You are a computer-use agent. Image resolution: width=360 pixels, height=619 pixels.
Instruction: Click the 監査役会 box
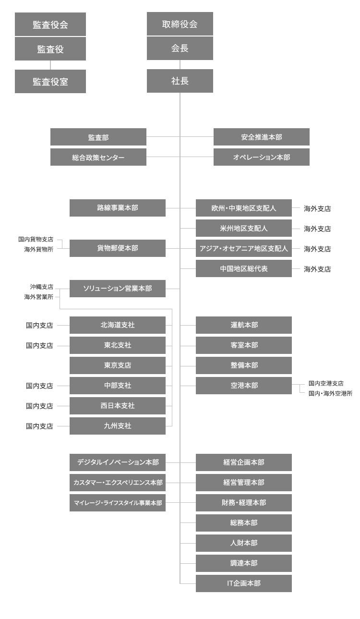tap(50, 24)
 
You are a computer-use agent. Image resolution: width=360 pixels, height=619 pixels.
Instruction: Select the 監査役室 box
tap(50, 81)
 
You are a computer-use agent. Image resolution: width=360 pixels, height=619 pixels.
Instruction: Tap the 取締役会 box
tap(180, 24)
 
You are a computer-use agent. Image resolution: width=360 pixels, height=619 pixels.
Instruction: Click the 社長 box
tap(180, 81)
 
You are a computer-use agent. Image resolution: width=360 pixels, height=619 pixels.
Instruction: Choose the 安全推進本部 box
tap(262, 137)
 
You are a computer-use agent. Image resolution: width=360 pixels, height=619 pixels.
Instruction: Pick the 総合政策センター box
tap(98, 157)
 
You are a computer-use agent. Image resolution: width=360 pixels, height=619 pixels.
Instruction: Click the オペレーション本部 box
tap(262, 157)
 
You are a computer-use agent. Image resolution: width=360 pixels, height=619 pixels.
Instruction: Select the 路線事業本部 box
tap(118, 208)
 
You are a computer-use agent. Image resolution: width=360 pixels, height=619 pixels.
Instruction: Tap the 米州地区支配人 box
tap(244, 228)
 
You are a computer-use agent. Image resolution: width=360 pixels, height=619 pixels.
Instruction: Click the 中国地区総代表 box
tap(244, 268)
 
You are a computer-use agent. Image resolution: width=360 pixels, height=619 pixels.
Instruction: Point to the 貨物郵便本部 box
tap(118, 248)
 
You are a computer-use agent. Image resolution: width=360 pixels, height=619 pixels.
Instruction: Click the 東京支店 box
tap(118, 365)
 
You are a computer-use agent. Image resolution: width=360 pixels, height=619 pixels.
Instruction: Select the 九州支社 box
tap(118, 426)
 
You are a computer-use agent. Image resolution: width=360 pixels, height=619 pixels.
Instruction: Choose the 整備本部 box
tap(244, 365)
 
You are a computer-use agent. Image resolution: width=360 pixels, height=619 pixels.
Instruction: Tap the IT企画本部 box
tap(244, 583)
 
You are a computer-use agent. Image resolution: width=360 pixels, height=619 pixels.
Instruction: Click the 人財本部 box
tap(244, 543)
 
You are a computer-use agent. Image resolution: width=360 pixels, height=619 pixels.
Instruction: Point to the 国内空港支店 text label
tap(326, 383)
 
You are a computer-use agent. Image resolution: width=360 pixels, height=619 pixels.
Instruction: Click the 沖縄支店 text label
tap(42, 287)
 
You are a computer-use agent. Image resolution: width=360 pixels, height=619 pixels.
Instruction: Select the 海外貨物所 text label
tap(39, 249)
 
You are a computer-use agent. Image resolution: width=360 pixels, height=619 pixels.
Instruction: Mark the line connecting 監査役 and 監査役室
tap(50, 65)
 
